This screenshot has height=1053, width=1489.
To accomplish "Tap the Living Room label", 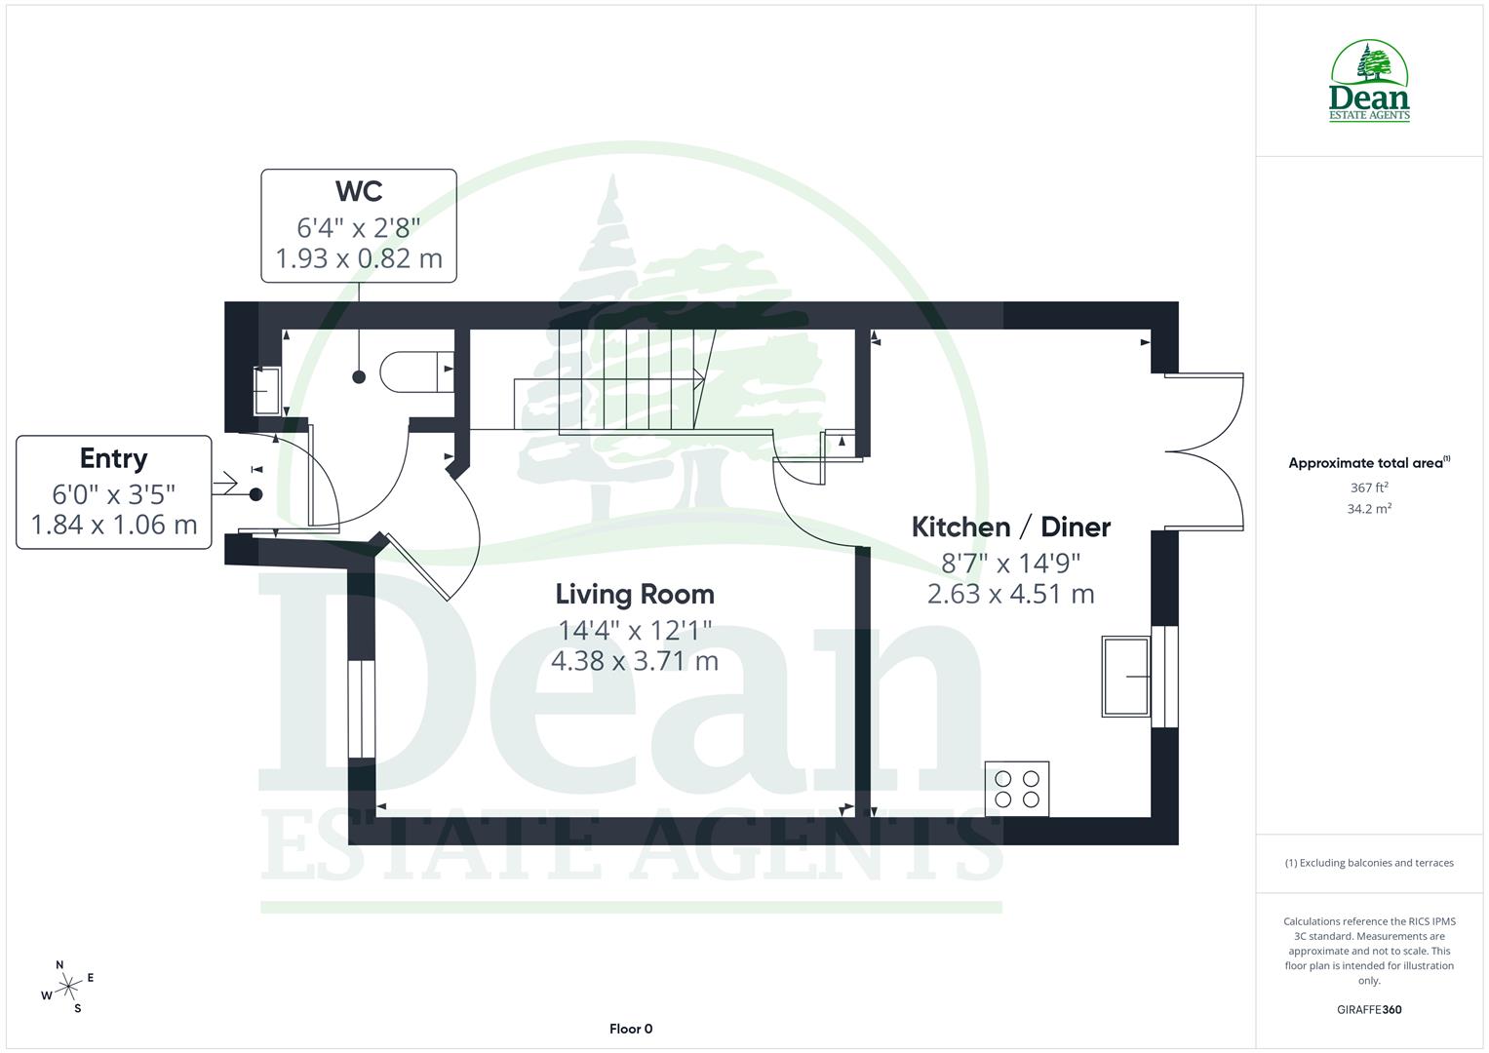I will click(635, 594).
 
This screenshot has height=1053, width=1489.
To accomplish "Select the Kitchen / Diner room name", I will click(1010, 526).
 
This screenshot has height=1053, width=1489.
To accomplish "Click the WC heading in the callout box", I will click(359, 190).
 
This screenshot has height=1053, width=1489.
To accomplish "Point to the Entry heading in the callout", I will click(114, 458).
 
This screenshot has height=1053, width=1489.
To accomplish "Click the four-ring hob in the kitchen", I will click(1017, 789).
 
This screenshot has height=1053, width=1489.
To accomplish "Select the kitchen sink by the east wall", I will click(1126, 677).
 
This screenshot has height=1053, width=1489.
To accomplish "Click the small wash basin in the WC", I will click(266, 390).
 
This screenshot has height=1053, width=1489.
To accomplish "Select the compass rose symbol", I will click(68, 987).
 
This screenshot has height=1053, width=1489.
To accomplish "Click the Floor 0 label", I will click(631, 1029).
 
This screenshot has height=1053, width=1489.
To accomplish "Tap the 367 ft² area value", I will click(1369, 487).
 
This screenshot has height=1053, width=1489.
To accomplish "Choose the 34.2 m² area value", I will click(1369, 509).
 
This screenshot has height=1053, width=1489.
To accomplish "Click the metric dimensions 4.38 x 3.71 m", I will click(635, 661).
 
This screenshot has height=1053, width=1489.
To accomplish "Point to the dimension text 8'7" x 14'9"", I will click(1010, 563).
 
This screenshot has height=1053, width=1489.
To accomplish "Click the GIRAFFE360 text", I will click(1369, 1009).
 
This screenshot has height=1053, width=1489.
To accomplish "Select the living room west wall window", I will click(362, 708).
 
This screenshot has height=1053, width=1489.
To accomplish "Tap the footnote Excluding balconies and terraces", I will click(1369, 863).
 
